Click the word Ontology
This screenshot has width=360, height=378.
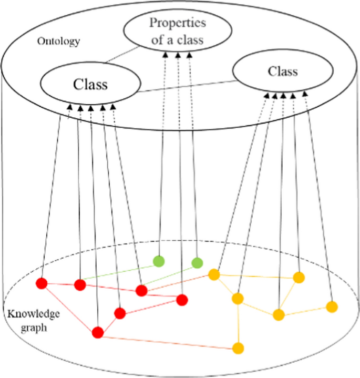click(58, 42)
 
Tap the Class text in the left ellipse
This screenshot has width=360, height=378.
click(90, 84)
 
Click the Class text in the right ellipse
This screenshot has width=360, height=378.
click(282, 71)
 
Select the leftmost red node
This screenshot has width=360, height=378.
click(42, 284)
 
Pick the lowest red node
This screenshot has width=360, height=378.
click(98, 332)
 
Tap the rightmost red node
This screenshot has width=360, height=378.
click(182, 300)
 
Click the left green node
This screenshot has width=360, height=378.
click(159, 261)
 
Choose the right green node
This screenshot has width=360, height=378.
click(197, 262)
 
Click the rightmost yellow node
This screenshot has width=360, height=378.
click(331, 307)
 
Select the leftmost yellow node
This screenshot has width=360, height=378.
click(214, 274)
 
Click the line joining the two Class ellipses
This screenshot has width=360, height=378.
click(184, 87)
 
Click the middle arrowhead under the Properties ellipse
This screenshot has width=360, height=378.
click(178, 54)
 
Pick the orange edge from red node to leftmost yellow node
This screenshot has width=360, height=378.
click(179, 282)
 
